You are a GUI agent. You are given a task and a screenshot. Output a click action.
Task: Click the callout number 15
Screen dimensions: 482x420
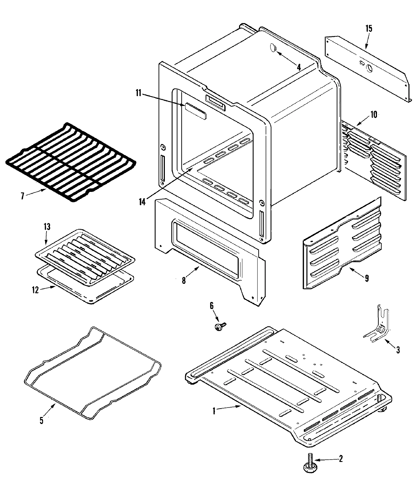click(x=369, y=28)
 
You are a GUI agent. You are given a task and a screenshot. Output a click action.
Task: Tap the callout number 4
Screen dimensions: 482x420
click(x=299, y=67)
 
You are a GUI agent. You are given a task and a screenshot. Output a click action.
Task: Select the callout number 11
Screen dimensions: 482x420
click(x=138, y=93)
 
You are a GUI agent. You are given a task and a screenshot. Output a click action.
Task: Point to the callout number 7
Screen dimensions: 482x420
click(x=23, y=196)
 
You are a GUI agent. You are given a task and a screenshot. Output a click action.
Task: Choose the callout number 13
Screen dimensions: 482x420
click(x=47, y=227)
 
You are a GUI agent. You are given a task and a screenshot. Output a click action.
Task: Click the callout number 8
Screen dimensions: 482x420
click(x=184, y=280)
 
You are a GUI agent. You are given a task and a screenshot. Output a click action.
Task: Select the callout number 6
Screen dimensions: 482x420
click(x=211, y=305)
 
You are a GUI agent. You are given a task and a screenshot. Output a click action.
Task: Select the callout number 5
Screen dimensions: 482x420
click(x=41, y=420)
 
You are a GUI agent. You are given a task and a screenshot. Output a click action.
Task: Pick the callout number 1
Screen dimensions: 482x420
click(x=214, y=411)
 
